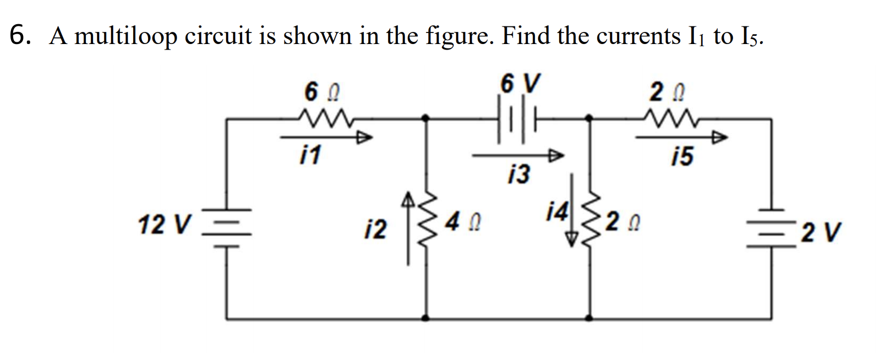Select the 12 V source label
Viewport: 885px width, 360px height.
point(165,225)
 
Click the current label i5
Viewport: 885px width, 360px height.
point(682,157)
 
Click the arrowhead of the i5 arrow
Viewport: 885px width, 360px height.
point(720,137)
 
